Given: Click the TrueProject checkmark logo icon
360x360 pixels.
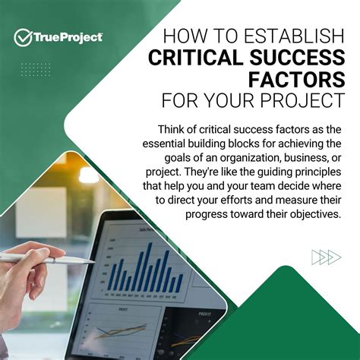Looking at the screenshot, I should coord(22,36).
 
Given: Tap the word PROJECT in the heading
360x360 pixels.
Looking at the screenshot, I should coord(310,100).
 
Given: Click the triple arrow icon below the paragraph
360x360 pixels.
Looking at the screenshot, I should coord(326,257).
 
